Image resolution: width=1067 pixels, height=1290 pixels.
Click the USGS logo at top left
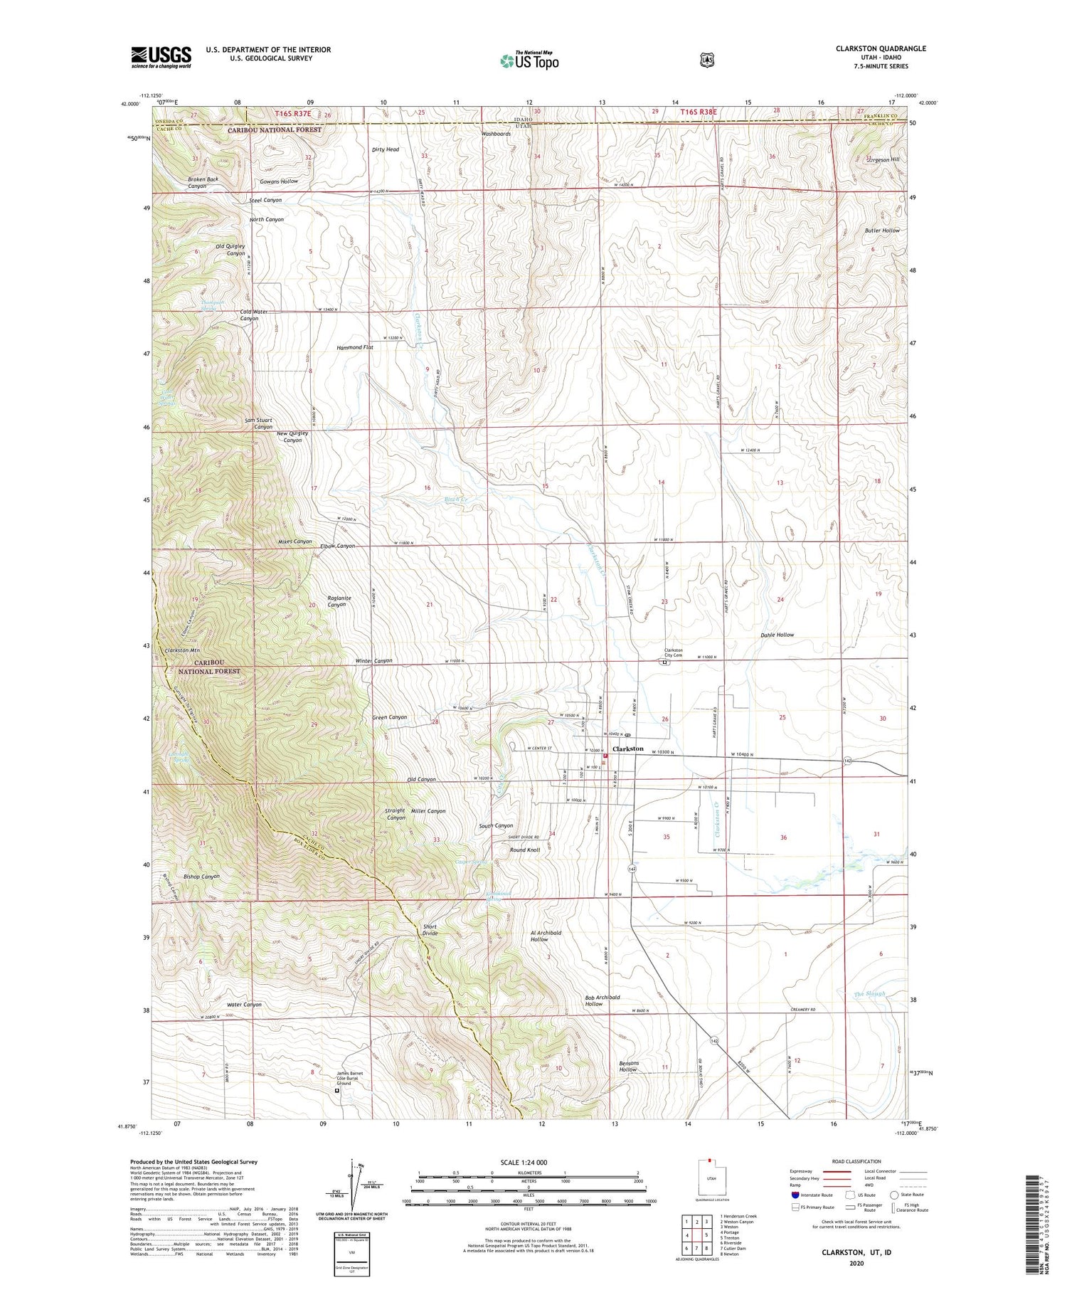coord(161,57)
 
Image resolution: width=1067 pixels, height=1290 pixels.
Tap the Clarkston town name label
coord(627,749)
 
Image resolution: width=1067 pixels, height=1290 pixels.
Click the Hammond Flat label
coord(355,347)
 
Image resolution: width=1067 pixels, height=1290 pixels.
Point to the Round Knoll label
coord(524,850)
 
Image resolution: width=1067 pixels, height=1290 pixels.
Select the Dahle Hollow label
coord(777,635)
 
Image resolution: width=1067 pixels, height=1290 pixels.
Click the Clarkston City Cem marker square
coord(664,662)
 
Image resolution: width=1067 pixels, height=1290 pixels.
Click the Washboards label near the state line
coord(496,134)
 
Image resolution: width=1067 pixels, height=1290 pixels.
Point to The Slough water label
coord(869,993)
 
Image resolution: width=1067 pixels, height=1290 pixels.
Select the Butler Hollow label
coord(882,231)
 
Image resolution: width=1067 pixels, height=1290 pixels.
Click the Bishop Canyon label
coord(201,877)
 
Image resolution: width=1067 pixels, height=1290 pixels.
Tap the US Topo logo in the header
coord(529,60)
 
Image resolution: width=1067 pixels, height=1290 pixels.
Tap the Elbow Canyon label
coord(337,546)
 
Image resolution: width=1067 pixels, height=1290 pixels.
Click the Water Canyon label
coord(244,1005)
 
